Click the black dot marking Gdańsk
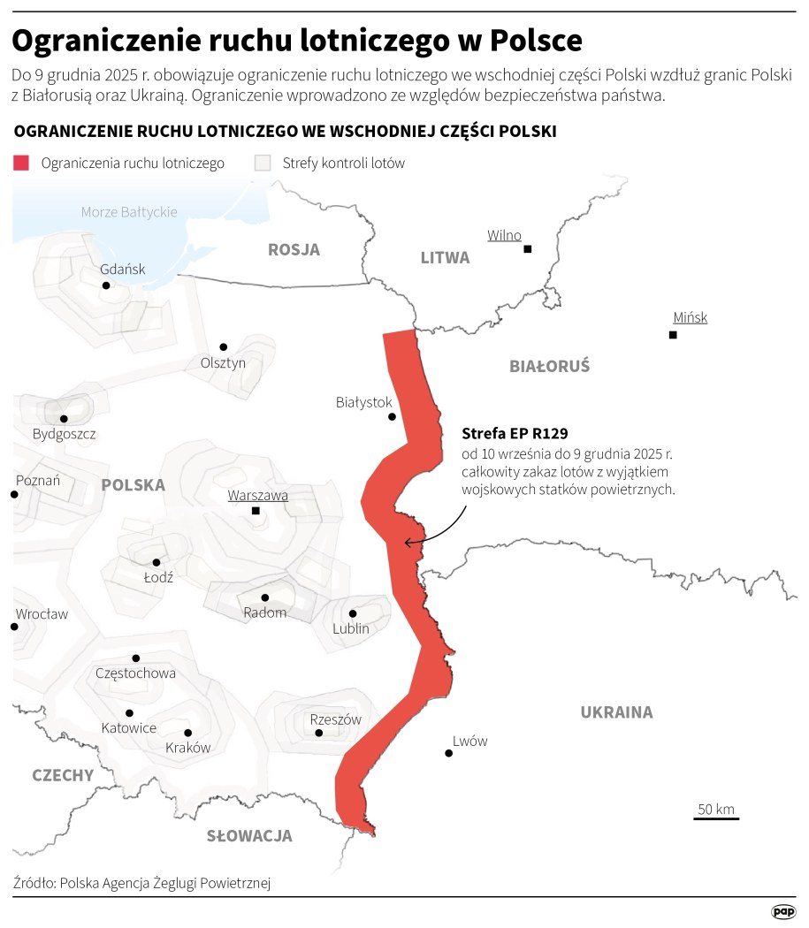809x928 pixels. tap(106, 285)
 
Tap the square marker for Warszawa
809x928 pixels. tap(256, 511)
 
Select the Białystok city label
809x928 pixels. tap(363, 402)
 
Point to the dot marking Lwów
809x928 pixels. tap(449, 754)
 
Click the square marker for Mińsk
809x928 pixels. tap(673, 335)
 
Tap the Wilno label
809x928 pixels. tap(504, 235)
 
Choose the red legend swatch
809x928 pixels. tap(21, 164)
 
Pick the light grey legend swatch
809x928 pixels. tap(262, 164)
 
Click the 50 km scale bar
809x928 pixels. tap(716, 818)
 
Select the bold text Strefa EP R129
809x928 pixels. tap(515, 434)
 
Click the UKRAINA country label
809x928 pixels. tap(616, 712)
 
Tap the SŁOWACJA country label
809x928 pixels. tap(249, 836)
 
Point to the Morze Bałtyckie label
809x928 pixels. tap(129, 212)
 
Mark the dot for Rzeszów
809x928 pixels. tap(319, 733)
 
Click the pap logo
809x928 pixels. tap(783, 911)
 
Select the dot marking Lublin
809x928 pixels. tap(352, 613)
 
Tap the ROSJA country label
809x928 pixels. tap(294, 250)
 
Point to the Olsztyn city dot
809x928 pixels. tap(223, 346)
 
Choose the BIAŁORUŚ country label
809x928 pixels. tap(549, 366)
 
